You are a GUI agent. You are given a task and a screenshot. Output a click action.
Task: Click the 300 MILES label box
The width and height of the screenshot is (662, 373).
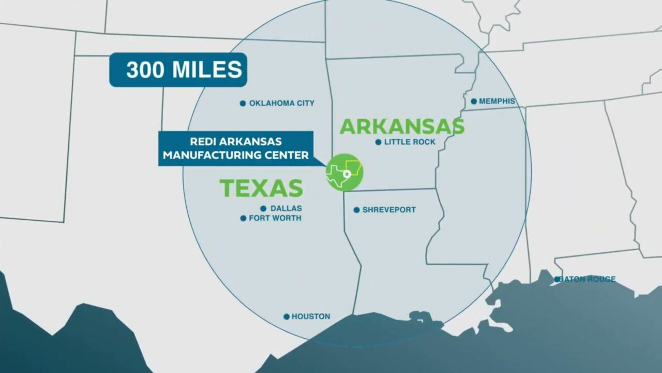click(178, 70)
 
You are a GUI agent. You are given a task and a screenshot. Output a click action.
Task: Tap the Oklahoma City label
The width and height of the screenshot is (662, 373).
click(281, 103)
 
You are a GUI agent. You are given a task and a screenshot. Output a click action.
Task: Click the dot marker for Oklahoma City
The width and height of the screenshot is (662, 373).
click(243, 104)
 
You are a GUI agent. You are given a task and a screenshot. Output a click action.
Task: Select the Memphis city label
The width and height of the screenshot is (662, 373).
click(497, 101)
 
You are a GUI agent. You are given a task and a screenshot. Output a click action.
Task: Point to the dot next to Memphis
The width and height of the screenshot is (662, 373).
click(474, 102)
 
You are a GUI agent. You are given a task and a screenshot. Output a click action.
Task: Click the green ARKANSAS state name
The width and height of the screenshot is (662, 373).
click(402, 126)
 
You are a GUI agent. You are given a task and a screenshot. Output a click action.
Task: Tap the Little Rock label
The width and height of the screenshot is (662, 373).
click(410, 142)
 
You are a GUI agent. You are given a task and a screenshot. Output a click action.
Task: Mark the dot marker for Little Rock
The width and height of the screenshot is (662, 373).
click(378, 142)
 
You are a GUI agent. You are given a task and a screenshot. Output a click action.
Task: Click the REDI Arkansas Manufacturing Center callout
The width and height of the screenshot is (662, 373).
click(236, 148)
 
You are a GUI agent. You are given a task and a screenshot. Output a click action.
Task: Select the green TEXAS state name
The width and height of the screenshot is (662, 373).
click(261, 188)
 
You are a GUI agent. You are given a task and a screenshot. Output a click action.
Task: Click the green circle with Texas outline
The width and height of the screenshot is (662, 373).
click(344, 173)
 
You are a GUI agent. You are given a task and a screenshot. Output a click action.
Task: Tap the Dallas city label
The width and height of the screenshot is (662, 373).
click(285, 208)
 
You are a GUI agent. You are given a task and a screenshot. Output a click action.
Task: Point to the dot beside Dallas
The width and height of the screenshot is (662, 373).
click(263, 209)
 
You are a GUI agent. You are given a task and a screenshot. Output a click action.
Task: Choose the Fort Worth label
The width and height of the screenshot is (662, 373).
click(275, 218)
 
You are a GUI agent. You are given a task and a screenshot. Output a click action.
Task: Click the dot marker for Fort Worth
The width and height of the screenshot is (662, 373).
click(243, 219)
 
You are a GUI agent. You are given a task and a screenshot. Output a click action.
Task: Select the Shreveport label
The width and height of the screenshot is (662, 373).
click(389, 210)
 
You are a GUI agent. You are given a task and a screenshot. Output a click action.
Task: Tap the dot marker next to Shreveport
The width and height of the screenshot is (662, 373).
click(356, 210)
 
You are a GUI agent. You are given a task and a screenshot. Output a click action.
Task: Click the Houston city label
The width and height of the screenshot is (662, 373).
click(310, 317)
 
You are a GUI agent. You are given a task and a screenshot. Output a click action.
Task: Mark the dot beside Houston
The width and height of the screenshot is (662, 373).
click(286, 317)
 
